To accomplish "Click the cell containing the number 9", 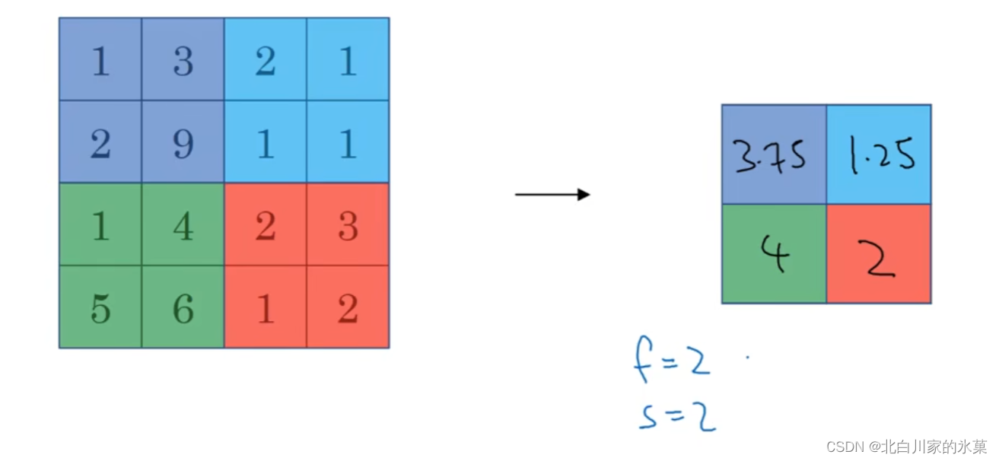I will pos(183,142).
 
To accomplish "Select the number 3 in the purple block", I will pos(183,60).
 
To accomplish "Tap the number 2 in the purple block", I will pos(100,142).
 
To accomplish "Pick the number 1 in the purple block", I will pos(100,60).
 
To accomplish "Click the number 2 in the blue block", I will pos(266,60).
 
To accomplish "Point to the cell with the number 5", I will pos(100,307).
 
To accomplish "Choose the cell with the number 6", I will pos(183,307).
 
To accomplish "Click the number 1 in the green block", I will pos(100,225).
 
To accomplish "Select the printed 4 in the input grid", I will pos(183,225).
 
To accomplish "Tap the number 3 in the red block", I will pos(348,225).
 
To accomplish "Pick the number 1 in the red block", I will pos(266,307).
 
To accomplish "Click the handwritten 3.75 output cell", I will pos(774,155).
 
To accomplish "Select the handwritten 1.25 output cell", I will pos(878,155).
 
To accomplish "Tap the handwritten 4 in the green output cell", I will pos(774,254).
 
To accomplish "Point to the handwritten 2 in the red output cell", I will pos(878,257).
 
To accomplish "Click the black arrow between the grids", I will pos(552,195).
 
